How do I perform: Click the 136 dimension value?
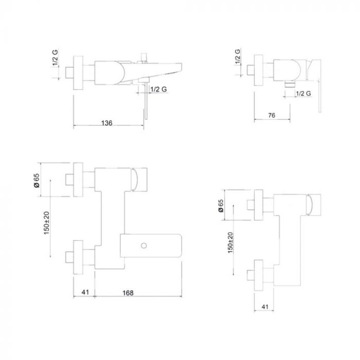point(106,123)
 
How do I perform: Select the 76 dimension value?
point(272,116)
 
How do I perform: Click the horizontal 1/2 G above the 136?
point(158,89)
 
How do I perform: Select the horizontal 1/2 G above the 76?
point(304,93)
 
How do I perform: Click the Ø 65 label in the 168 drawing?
point(37,181)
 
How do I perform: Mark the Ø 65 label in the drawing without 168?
point(221,205)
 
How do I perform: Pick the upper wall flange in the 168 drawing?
point(78,179)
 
